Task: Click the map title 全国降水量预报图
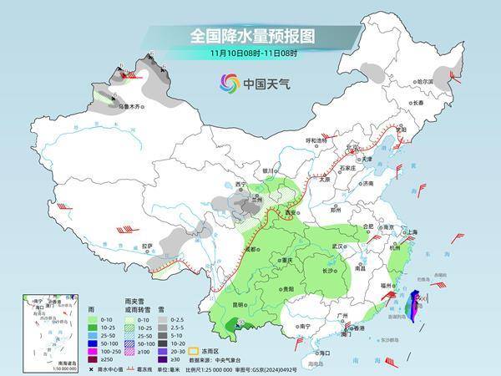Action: (x=250, y=36)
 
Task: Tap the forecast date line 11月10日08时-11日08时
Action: (x=250, y=54)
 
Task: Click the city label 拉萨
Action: (x=148, y=246)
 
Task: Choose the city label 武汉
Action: (x=337, y=246)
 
